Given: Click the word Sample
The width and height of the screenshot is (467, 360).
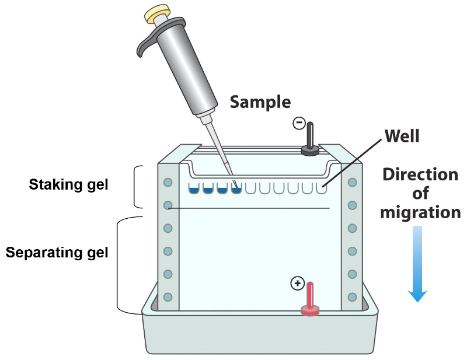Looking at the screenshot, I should (260, 102).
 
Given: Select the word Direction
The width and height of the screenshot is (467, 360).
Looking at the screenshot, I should (420, 174).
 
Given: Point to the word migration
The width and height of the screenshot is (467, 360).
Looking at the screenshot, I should (420, 212).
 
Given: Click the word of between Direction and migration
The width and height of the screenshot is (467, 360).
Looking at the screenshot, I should (420, 193).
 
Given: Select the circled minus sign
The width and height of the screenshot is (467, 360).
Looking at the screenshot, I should (298, 123).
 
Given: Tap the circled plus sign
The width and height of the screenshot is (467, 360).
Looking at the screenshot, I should (297, 284).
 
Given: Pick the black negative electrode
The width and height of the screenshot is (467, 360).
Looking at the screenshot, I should (309, 140).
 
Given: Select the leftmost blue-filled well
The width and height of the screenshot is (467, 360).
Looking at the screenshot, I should (193, 188).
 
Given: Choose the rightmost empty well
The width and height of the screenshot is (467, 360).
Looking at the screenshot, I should (322, 188).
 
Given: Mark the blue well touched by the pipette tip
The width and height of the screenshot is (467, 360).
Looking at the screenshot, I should (236, 188).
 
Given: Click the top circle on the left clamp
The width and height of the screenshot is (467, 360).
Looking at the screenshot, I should (168, 183).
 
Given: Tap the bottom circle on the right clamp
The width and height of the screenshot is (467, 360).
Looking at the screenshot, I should (352, 296).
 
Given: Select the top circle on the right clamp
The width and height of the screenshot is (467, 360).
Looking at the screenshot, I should (352, 183).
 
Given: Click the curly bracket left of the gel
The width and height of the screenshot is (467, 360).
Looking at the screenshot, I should (137, 187).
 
